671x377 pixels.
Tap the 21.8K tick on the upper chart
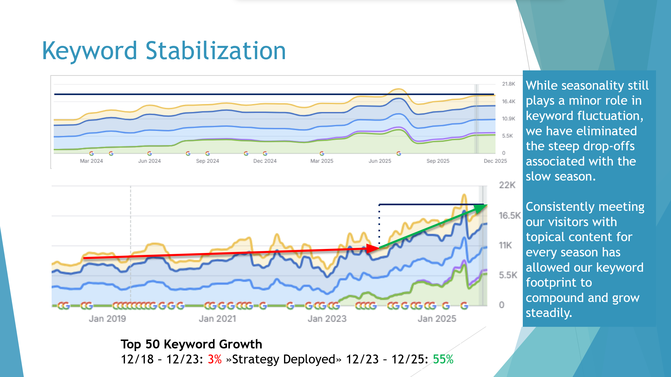508,84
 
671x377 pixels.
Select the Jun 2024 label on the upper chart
149,161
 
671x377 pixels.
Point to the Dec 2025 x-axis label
495,161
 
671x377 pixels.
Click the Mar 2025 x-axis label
322,161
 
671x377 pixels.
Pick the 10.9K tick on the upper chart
508,119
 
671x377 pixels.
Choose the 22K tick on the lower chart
507,185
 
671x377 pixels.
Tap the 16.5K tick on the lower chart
510,215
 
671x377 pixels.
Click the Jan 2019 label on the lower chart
107,318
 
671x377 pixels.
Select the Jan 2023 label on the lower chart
327,318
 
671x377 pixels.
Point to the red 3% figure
215,359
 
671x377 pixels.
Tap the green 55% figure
443,359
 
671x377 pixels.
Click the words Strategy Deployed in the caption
283,359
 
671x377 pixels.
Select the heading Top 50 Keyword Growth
191,344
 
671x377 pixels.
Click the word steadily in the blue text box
549,313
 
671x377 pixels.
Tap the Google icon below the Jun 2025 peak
399,153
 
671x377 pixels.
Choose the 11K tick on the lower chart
505,245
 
